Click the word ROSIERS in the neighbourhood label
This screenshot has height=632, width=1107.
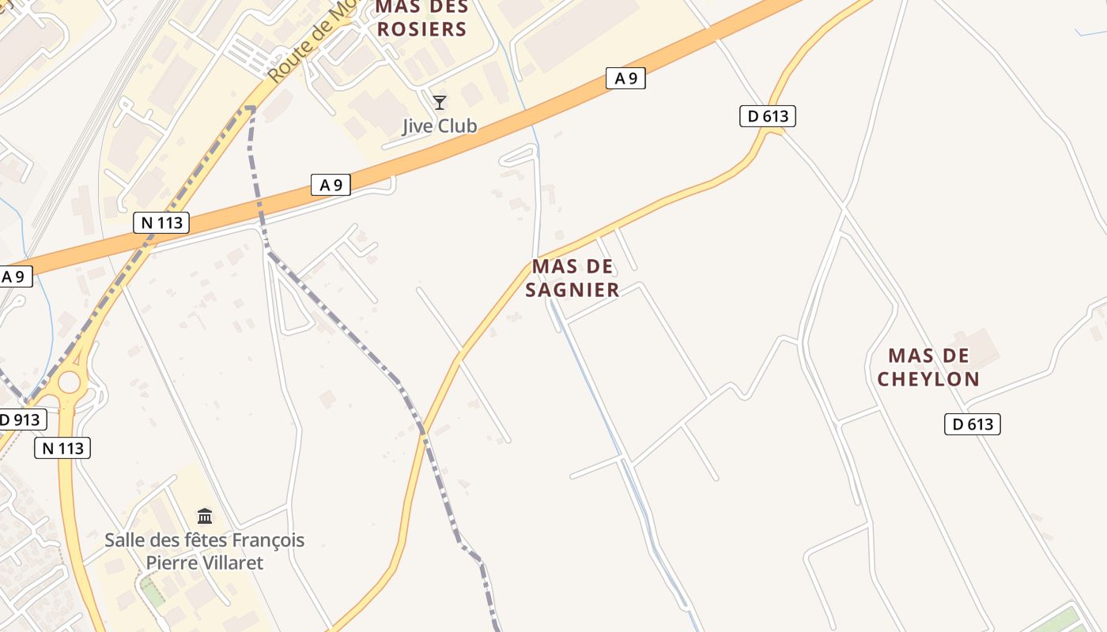[422, 30]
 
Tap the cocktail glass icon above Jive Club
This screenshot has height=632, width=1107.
[440, 103]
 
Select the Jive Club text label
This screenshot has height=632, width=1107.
[440, 126]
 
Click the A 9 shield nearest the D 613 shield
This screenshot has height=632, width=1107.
[625, 77]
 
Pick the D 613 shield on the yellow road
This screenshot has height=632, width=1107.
[767, 116]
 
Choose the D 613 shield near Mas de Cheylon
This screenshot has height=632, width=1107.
[972, 424]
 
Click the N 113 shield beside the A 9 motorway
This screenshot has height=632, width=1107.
[162, 223]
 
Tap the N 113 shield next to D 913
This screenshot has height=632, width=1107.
[62, 449]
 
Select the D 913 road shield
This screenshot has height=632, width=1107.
[22, 419]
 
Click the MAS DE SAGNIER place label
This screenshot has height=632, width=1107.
[572, 278]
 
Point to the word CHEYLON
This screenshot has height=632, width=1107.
[928, 379]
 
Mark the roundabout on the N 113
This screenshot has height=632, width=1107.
[69, 382]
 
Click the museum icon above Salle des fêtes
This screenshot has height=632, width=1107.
[205, 517]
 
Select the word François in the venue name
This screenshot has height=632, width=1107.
[265, 541]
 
